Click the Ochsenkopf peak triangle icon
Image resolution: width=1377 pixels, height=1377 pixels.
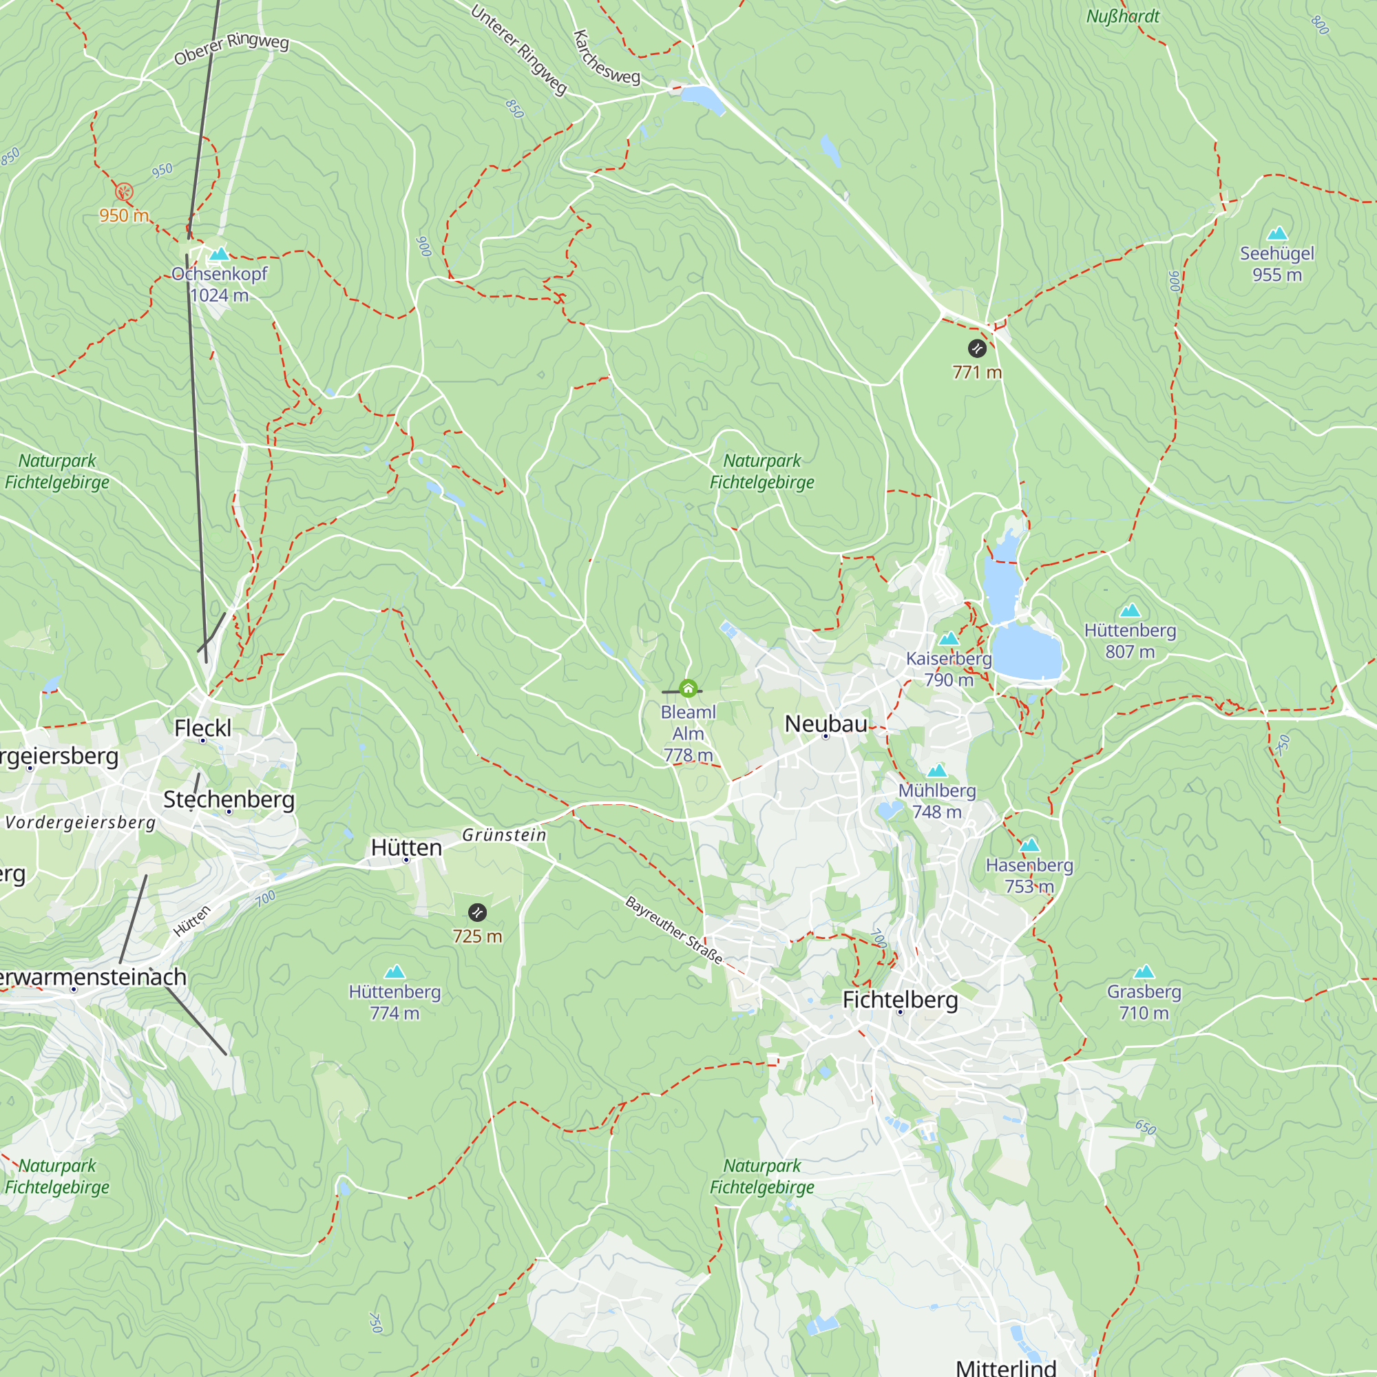[x=220, y=254]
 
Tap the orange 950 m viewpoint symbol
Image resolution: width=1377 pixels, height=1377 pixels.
[x=124, y=191]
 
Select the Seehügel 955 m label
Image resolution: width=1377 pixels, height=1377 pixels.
[x=1276, y=264]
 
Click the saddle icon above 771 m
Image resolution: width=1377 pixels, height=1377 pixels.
[x=976, y=348]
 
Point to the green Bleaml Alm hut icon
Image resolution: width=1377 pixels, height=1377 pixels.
[x=688, y=688]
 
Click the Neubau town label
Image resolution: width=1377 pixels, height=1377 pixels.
[x=826, y=724]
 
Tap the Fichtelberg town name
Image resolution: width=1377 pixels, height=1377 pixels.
[x=899, y=999]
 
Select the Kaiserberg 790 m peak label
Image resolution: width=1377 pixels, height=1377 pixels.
[x=949, y=669]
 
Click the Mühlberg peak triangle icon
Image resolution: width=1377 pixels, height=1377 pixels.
[x=936, y=770]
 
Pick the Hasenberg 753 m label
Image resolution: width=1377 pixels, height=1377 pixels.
[x=1029, y=875]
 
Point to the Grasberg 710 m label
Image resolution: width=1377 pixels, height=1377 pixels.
[x=1143, y=1001]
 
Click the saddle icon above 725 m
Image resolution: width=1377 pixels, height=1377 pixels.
[x=478, y=912]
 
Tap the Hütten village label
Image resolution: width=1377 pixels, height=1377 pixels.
[x=406, y=848]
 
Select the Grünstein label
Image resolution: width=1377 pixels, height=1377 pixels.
[x=504, y=834]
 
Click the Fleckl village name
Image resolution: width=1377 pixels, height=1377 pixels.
[x=202, y=728]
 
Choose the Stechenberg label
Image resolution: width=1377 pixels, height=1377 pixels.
[x=229, y=799]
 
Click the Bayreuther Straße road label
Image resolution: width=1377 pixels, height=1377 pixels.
[x=673, y=929]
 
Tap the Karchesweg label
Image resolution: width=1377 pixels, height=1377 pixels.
[x=606, y=59]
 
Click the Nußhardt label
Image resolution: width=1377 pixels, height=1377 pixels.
[x=1122, y=17]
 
